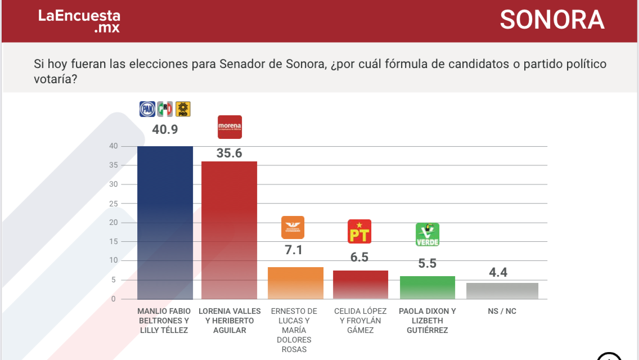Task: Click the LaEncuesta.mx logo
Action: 79,21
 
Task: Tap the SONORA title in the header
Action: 552,20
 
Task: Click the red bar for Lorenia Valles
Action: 229,230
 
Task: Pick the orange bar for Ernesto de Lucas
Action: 295,283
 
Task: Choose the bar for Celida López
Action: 361,285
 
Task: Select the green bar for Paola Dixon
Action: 427,287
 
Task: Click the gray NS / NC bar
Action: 502,291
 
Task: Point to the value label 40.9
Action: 165,129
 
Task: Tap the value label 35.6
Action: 229,152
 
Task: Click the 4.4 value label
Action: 498,272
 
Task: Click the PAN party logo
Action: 147,109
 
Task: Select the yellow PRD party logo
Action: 183,109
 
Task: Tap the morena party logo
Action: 229,127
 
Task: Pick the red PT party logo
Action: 359,231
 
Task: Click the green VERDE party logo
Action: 427,235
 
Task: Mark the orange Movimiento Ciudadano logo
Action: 292,227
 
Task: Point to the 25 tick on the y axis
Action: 113,204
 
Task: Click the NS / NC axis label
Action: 502,311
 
